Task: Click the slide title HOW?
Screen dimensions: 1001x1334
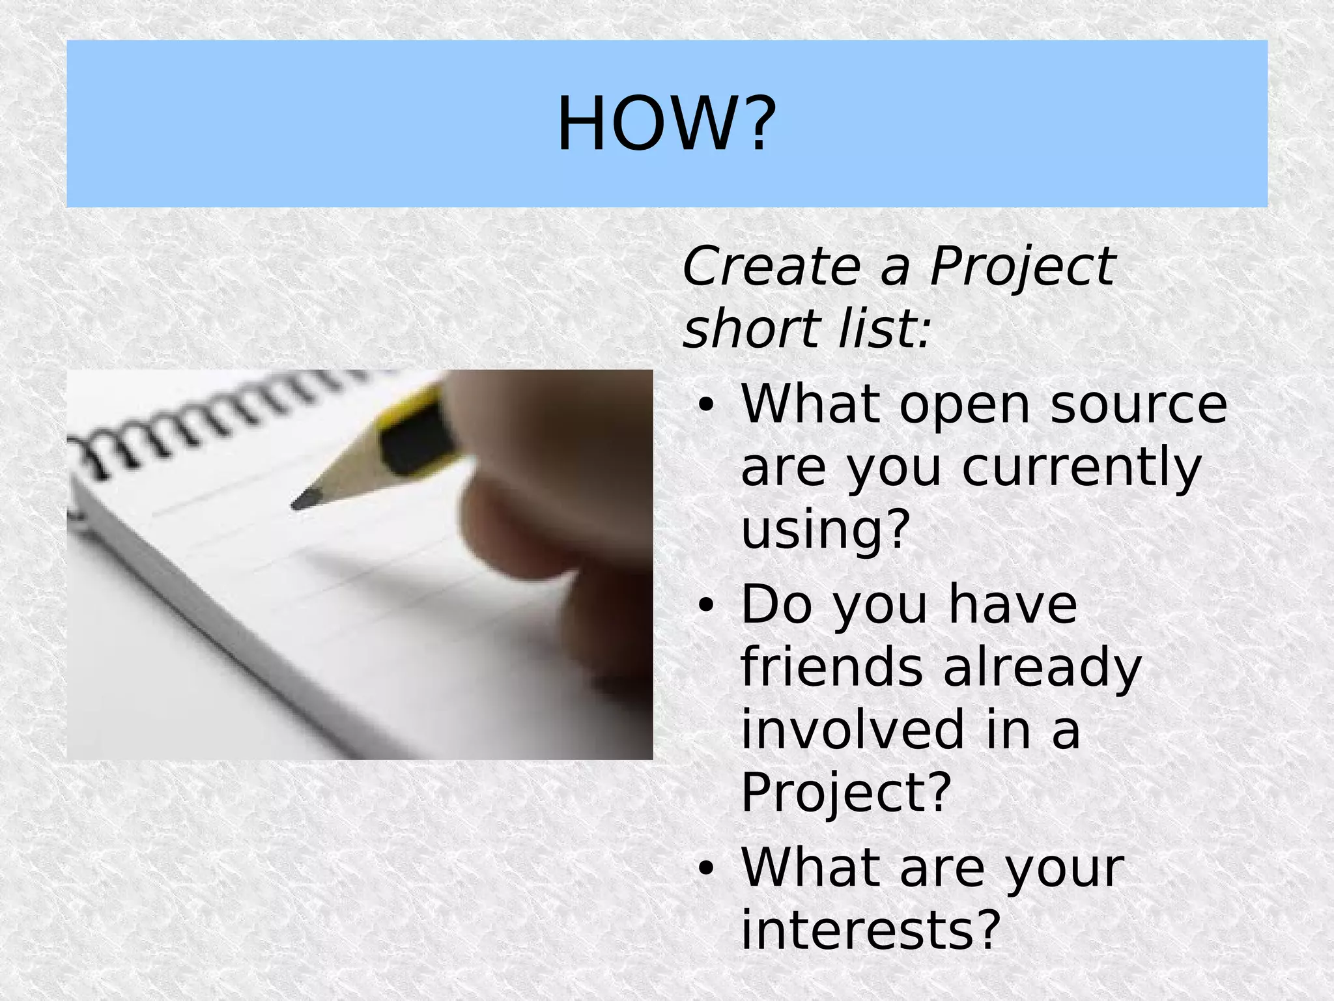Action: (666, 124)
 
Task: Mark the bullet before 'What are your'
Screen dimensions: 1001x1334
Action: (705, 869)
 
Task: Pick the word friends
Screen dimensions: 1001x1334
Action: (831, 667)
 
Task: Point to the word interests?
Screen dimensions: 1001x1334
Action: (870, 929)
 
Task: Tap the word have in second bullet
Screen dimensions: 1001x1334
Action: (1014, 604)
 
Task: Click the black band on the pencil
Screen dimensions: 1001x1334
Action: (417, 436)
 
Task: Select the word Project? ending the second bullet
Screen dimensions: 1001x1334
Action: (846, 794)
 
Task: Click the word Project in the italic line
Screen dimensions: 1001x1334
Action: (1022, 267)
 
